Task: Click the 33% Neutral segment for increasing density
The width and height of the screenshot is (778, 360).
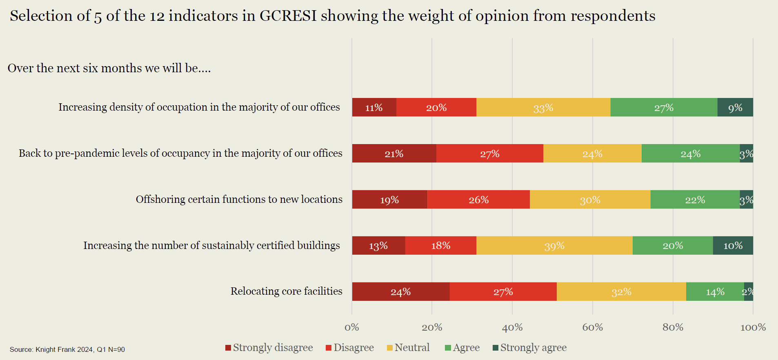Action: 543,107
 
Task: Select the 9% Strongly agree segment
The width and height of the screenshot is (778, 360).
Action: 735,107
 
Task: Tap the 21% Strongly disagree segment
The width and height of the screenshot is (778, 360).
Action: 394,153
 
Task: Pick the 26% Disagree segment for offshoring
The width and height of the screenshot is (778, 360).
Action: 478,200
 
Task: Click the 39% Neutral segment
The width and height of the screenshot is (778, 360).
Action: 554,246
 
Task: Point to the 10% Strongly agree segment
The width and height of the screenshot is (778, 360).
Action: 733,246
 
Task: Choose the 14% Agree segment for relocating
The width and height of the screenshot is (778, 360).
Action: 715,292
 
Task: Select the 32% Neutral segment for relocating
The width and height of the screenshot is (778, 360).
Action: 621,292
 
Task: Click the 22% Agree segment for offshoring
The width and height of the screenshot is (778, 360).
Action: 695,200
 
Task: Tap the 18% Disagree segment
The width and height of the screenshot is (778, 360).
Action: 441,246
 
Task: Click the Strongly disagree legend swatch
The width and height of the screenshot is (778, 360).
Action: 228,348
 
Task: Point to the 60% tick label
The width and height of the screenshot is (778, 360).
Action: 592,327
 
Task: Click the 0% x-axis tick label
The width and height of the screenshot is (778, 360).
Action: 351,327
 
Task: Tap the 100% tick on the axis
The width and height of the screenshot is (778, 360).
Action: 753,327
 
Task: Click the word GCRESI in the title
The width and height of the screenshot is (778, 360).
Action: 288,16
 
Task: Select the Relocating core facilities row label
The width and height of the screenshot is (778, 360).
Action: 286,291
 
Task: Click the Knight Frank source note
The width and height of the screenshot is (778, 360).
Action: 67,349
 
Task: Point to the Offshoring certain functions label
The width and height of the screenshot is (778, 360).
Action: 239,200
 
